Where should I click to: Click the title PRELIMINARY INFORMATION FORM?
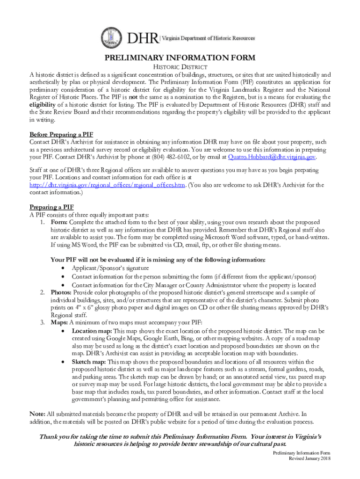[x=180, y=58]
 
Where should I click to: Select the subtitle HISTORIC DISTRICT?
[x=180, y=67]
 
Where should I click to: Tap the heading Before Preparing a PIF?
[x=61, y=134]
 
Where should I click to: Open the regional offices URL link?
[x=107, y=185]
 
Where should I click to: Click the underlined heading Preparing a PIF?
[x=51, y=207]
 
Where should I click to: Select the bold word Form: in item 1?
[x=59, y=222]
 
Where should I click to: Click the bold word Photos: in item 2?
[x=61, y=292]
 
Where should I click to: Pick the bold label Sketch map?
[x=89, y=361]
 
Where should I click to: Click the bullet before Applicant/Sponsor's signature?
[x=63, y=269]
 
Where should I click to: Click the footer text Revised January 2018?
[x=310, y=459]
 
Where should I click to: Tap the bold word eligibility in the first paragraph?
[x=44, y=104]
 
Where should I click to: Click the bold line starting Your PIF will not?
[x=158, y=260]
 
